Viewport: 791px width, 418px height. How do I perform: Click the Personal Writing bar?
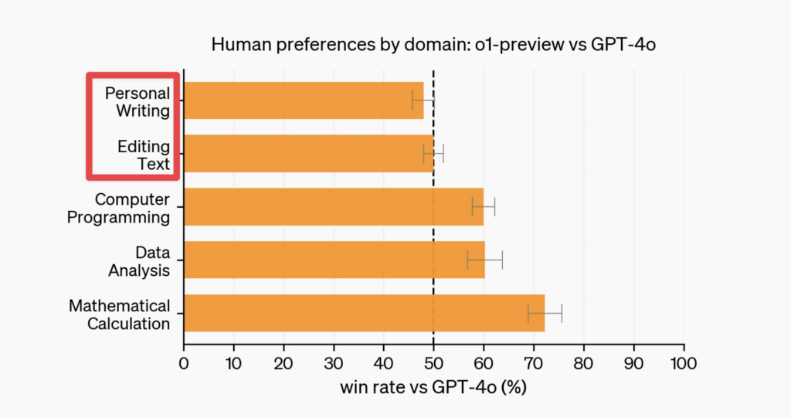pyautogui.click(x=303, y=100)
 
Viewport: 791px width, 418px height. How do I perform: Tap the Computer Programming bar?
pyautogui.click(x=333, y=207)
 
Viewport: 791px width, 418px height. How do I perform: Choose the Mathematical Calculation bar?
pyautogui.click(x=364, y=313)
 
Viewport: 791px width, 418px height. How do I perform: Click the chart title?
pyautogui.click(x=433, y=46)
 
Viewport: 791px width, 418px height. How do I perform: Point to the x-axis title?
pyautogui.click(x=433, y=387)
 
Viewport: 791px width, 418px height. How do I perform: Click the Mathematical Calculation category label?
pyautogui.click(x=119, y=314)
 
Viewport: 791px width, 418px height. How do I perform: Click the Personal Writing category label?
pyautogui.click(x=137, y=102)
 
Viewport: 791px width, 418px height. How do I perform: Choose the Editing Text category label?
pyautogui.click(x=144, y=155)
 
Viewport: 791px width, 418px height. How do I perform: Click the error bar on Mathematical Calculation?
pyautogui.click(x=545, y=313)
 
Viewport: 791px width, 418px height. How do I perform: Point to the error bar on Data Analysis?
pyautogui.click(x=485, y=260)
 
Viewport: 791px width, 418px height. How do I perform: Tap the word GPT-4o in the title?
pyautogui.click(x=623, y=46)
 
